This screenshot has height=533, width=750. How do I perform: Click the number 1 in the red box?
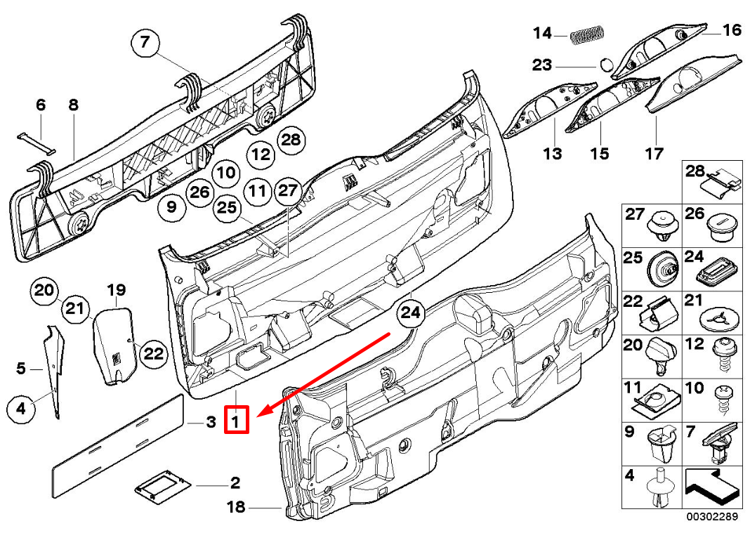(236, 421)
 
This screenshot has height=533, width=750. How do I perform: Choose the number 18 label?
(236, 506)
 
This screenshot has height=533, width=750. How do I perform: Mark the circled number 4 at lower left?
(21, 407)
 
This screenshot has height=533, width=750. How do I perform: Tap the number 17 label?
(654, 153)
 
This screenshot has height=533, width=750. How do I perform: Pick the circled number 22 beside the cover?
(153, 353)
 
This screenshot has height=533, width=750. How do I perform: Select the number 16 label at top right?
(731, 29)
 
